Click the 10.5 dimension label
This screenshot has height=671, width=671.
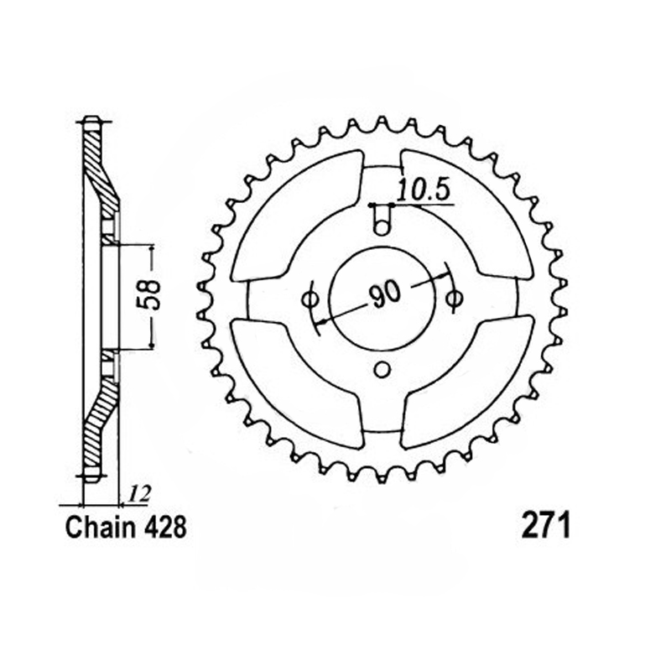point(424,191)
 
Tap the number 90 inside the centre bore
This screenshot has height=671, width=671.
point(385,294)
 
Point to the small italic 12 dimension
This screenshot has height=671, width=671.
point(140,495)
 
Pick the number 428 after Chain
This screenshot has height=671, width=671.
point(165,528)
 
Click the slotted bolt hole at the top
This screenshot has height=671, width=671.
point(382,219)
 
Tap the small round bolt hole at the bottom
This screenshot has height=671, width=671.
point(382,369)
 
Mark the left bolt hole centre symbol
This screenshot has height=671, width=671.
point(309,299)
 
